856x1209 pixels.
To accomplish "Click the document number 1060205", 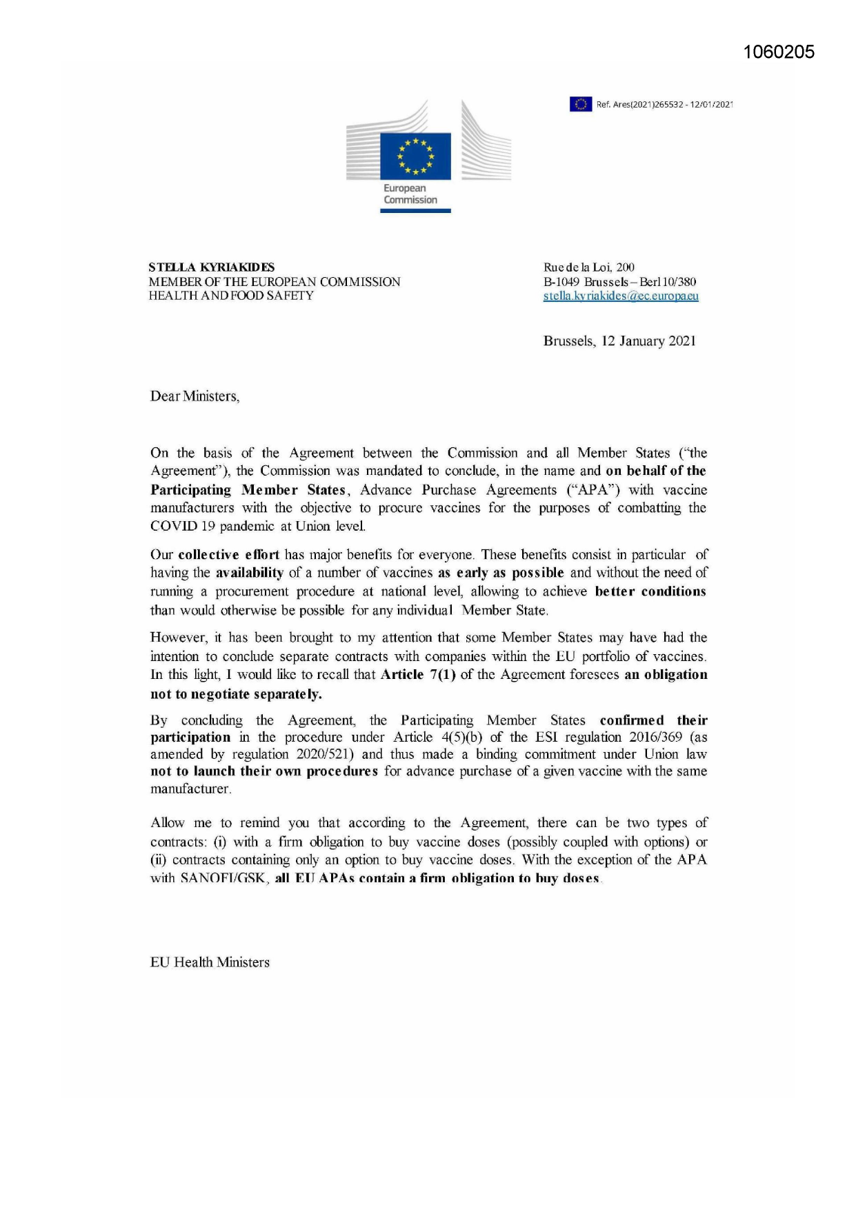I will pos(779,52).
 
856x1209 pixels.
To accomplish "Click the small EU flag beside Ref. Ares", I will pos(580,104).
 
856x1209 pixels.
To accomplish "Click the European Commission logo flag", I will pos(415,156).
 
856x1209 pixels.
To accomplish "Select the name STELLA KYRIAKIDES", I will pos(211,267).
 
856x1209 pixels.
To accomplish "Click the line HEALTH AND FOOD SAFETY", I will pos(231,296).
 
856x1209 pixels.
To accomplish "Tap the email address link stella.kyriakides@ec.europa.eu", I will pos(621,296).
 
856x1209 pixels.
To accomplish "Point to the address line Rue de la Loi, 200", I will pos(588,267).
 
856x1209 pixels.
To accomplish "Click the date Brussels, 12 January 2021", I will pos(619,341).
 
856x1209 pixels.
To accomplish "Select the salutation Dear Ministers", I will pos(195,396).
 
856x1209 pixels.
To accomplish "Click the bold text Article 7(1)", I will pos(418,675).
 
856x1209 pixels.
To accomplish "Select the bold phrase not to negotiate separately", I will pos(236,694).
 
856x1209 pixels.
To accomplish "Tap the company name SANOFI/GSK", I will pos(223,879).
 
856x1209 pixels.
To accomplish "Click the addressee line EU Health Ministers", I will pos(210,963).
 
